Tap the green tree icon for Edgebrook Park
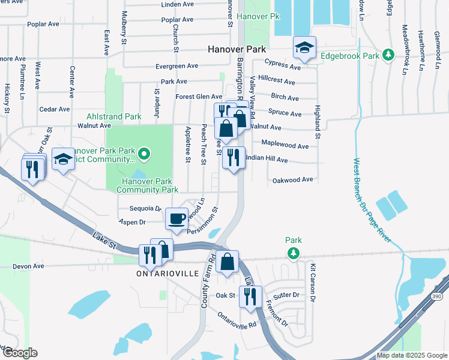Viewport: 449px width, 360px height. [388, 55]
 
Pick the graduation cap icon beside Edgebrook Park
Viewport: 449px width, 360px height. [304, 47]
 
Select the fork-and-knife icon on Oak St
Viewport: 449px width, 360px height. [250, 296]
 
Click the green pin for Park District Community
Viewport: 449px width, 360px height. [143, 155]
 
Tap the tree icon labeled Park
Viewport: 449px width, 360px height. [294, 254]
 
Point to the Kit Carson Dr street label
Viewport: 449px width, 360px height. [312, 281]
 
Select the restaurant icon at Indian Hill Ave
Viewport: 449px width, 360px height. [234, 158]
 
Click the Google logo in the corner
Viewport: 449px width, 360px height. [19, 352]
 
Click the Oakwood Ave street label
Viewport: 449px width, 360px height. [293, 179]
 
